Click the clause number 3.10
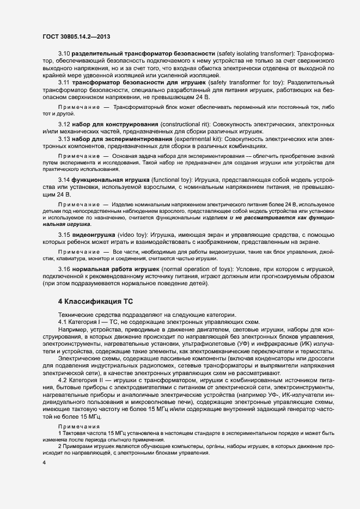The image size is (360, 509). pyautogui.click(x=64, y=54)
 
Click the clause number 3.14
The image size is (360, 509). pyautogui.click(x=64, y=180)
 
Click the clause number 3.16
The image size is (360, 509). pyautogui.click(x=64, y=269)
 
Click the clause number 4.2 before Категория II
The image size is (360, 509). pyautogui.click(x=63, y=380)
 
